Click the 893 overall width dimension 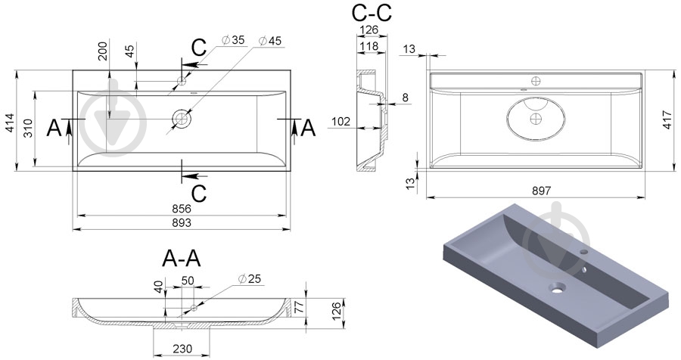(181, 222)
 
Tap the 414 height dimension (10, 123)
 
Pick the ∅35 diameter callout (232, 40)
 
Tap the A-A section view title (182, 259)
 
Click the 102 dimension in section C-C (342, 120)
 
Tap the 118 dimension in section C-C (368, 47)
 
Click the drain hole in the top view (182, 119)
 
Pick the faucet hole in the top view (182, 80)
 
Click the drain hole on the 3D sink (558, 287)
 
